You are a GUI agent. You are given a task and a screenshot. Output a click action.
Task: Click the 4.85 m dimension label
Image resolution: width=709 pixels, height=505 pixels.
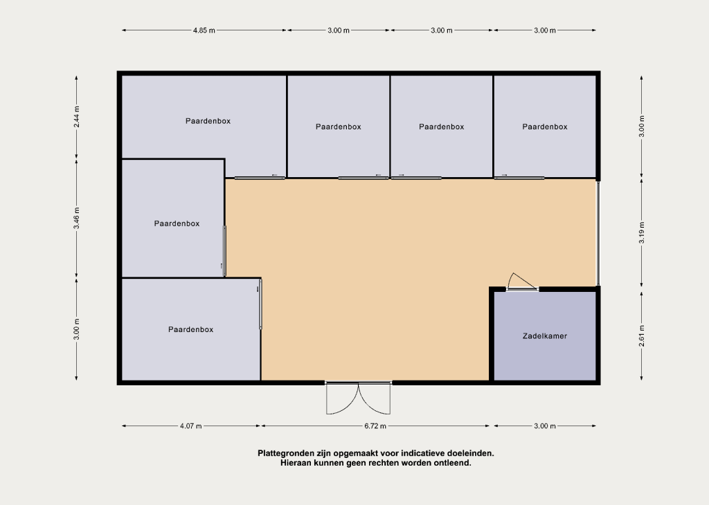[x=204, y=30]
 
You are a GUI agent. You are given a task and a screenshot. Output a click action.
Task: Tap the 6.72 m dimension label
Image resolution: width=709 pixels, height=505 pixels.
[x=375, y=426]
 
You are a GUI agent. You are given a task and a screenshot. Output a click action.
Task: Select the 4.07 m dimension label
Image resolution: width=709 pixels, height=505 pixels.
[x=191, y=426]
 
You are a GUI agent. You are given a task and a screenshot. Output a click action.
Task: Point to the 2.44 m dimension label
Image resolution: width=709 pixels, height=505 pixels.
[x=77, y=116]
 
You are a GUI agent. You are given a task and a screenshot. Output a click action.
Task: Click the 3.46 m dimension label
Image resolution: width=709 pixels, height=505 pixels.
[x=77, y=218]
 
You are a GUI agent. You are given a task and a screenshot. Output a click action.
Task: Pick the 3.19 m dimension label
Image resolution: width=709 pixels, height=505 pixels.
[x=642, y=232]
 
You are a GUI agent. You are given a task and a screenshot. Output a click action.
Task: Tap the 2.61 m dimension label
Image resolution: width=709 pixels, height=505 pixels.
[x=642, y=336]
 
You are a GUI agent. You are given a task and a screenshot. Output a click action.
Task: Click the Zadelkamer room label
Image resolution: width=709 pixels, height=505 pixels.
[x=545, y=336]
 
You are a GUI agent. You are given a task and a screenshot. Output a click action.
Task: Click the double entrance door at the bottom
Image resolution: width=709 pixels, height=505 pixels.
[x=359, y=398]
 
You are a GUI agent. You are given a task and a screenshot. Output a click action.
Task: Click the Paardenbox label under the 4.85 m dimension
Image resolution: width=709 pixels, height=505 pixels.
[x=208, y=121]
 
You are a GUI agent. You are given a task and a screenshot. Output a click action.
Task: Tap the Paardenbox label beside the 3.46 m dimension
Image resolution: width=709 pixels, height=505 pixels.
[x=177, y=223]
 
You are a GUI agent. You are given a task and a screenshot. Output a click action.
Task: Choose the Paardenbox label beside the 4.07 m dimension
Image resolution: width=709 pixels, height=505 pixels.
[x=191, y=330]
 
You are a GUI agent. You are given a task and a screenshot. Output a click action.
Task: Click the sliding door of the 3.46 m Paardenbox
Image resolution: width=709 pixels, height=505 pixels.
[x=224, y=251]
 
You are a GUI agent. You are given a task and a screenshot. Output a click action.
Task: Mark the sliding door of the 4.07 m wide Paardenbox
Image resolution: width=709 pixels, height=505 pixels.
[x=260, y=304]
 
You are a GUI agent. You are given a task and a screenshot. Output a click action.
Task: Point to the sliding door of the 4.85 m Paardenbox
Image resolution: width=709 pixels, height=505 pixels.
[x=260, y=178]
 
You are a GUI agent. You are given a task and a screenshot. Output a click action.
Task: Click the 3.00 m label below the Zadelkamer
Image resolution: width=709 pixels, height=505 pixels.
[x=545, y=426]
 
